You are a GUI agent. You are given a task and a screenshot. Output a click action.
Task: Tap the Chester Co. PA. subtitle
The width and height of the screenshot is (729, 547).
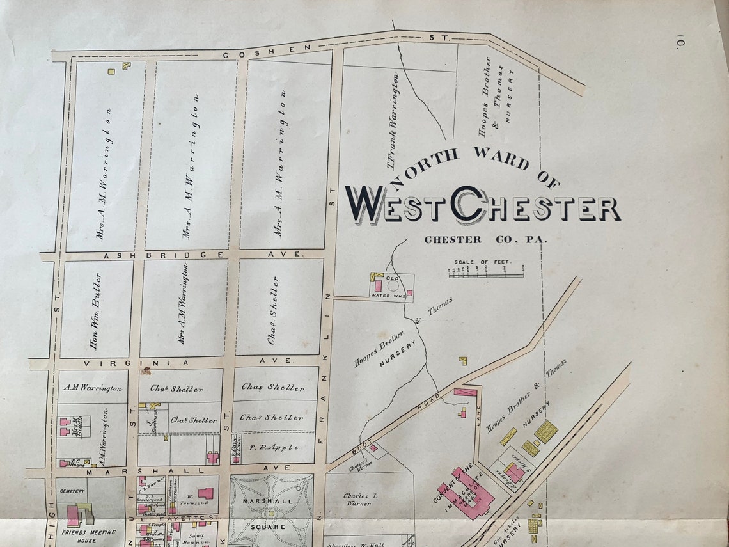click(x=486, y=240)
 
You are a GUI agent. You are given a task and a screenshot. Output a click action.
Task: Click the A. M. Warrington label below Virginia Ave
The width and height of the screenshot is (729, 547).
click(x=91, y=388)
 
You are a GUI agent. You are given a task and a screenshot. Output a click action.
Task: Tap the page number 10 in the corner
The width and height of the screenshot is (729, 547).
click(x=680, y=44)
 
